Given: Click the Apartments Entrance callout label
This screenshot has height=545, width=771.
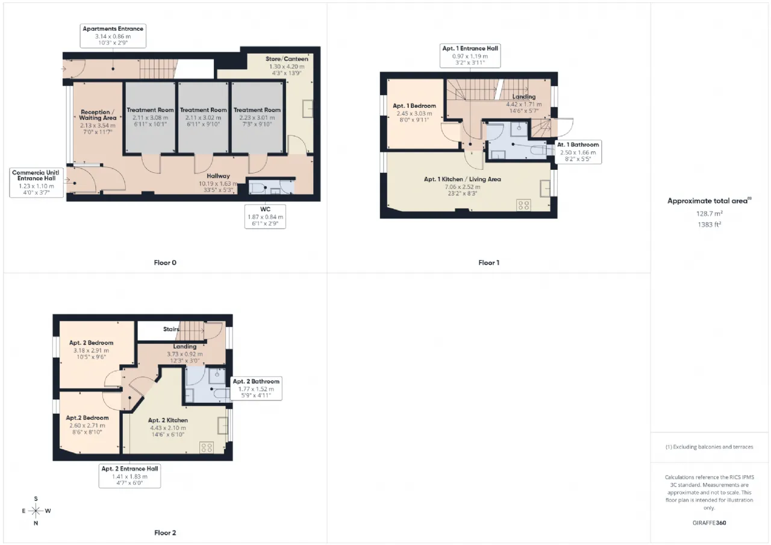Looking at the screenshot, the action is pyautogui.click(x=113, y=36).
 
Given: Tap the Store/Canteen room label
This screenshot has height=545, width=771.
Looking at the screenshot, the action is pyautogui.click(x=287, y=59).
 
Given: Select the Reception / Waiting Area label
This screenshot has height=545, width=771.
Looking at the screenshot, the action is pyautogui.click(x=98, y=115).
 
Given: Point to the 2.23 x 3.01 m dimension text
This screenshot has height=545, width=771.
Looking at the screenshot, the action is pyautogui.click(x=257, y=117).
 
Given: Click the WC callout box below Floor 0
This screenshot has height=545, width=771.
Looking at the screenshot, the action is pyautogui.click(x=265, y=217).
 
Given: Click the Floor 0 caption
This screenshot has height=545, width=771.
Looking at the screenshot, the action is pyautogui.click(x=165, y=263).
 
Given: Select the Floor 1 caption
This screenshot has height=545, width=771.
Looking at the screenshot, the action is pyautogui.click(x=489, y=263).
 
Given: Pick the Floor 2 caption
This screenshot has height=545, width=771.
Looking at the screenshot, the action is pyautogui.click(x=165, y=533).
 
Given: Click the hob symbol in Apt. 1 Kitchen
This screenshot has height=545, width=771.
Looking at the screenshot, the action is pyautogui.click(x=523, y=205).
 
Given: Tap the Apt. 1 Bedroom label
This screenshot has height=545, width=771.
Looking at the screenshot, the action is pyautogui.click(x=414, y=106).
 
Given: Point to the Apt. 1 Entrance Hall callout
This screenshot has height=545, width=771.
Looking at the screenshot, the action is pyautogui.click(x=470, y=55).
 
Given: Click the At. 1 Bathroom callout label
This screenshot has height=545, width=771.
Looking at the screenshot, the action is pyautogui.click(x=578, y=152).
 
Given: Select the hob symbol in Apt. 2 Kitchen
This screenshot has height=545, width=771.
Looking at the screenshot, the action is pyautogui.click(x=207, y=447).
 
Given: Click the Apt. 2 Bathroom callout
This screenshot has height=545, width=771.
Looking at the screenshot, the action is pyautogui.click(x=256, y=388).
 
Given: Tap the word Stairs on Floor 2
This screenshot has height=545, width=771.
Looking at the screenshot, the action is pyautogui.click(x=171, y=329).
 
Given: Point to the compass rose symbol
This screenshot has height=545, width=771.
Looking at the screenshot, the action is pyautogui.click(x=36, y=511).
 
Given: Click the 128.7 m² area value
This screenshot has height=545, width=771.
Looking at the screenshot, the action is pyautogui.click(x=710, y=214).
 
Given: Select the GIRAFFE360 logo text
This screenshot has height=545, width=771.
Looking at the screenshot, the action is pyautogui.click(x=710, y=523).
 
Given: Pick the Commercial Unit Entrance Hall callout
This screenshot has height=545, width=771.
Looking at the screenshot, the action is pyautogui.click(x=37, y=182).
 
